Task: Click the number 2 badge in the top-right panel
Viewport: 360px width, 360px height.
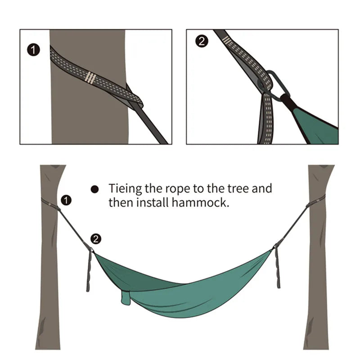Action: click(x=202, y=42)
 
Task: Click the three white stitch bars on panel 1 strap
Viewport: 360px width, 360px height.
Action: click(x=91, y=78)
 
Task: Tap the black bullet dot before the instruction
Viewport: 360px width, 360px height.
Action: click(x=94, y=189)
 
